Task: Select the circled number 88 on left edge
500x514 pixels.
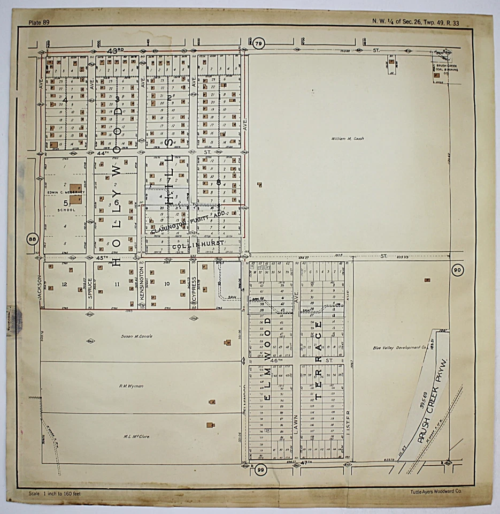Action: pos(32,239)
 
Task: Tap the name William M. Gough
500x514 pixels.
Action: pos(347,139)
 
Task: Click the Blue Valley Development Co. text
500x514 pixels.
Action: pos(399,347)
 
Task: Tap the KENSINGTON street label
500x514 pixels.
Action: pos(142,287)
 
